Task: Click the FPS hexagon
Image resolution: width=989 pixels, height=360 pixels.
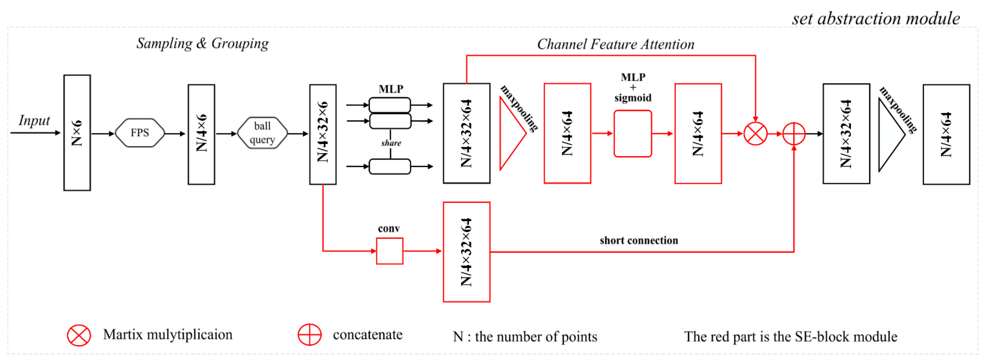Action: (140, 133)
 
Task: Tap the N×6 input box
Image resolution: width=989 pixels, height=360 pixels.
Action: (77, 133)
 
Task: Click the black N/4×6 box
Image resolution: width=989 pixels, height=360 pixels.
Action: (202, 134)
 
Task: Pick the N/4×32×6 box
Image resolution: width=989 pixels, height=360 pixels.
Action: (323, 134)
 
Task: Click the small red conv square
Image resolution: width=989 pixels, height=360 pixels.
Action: (390, 251)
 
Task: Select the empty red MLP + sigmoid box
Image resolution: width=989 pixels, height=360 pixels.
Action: (633, 134)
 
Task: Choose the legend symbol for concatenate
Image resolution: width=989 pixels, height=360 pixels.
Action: (310, 335)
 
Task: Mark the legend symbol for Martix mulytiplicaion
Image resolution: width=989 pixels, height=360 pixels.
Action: (79, 335)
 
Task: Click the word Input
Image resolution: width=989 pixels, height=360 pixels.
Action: (34, 120)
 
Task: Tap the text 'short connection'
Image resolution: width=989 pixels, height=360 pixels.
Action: (639, 240)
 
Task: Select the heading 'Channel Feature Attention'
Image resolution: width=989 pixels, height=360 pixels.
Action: (616, 44)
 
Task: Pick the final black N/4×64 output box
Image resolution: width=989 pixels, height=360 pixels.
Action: (946, 134)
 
